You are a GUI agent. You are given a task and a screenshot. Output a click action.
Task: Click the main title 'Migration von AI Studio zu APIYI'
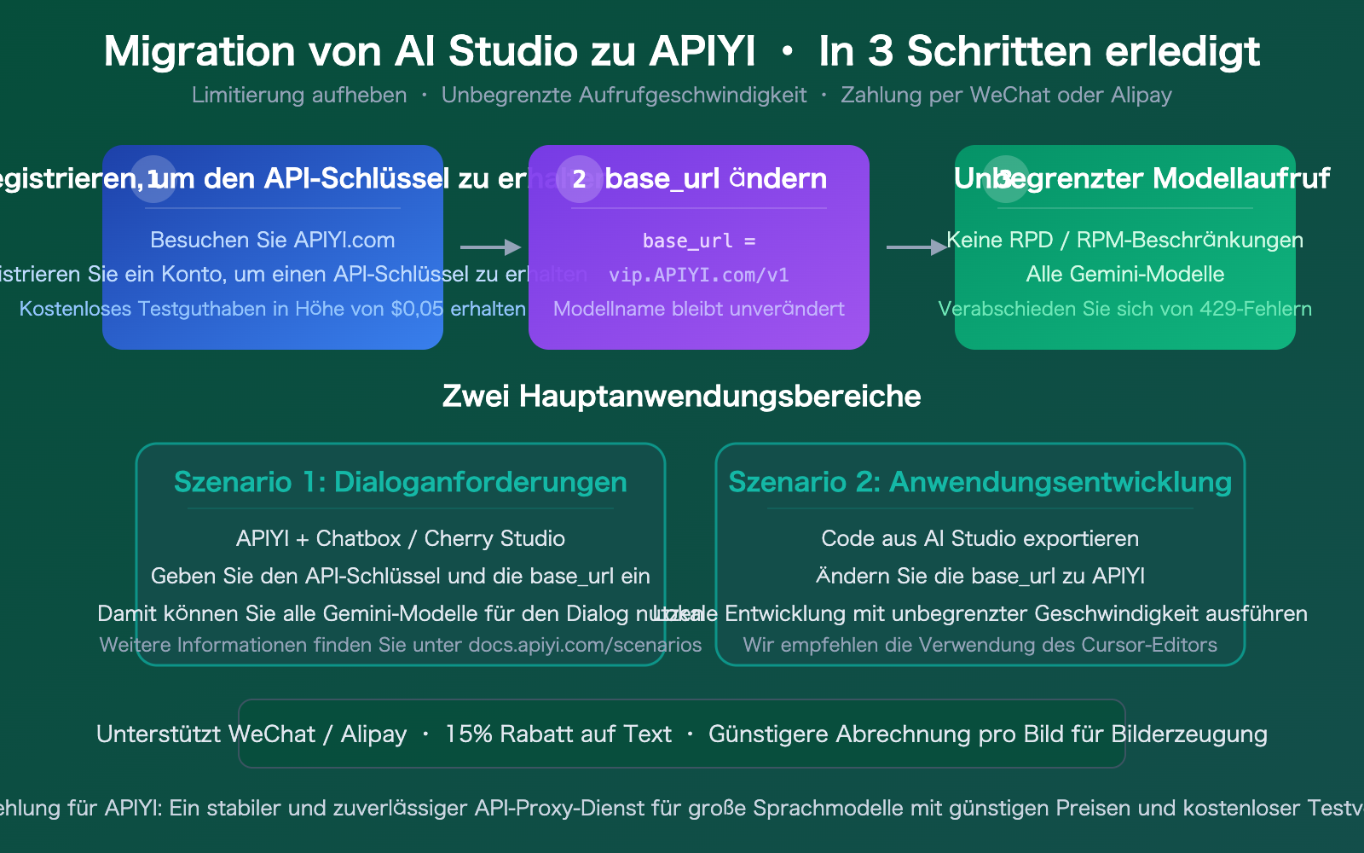430,51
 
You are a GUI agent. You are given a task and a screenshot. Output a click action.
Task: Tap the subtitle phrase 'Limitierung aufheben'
299,95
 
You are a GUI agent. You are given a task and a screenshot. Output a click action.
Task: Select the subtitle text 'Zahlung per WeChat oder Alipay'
1006,95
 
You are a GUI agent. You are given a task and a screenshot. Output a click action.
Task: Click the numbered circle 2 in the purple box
579,179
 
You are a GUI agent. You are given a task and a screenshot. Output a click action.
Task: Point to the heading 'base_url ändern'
715,178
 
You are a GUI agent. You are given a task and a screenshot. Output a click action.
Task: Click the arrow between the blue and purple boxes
490,247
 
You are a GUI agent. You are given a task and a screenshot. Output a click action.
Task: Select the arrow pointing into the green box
916,247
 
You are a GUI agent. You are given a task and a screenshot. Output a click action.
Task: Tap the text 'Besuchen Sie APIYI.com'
272,240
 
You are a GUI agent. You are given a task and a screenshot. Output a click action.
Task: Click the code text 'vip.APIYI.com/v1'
698,275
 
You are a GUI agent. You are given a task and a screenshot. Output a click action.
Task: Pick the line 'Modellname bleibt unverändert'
698,309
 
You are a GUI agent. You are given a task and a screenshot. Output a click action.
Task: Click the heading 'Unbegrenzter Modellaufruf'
1141,178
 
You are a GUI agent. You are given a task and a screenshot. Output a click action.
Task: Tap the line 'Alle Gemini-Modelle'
1124,274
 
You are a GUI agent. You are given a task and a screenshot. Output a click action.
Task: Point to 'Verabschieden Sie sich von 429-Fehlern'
1124,309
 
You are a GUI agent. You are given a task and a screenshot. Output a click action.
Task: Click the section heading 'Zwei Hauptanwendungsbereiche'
681,396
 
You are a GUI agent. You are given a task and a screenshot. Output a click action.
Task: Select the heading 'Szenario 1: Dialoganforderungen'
400,482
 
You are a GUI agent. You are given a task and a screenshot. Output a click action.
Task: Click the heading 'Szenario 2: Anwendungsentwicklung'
980,482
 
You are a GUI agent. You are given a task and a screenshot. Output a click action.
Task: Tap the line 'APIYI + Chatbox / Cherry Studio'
400,538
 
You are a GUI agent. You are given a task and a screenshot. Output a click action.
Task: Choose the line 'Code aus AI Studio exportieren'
980,538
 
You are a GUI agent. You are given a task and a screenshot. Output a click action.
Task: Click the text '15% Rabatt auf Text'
558,734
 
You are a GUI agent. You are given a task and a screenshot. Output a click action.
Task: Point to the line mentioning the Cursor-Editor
980,645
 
